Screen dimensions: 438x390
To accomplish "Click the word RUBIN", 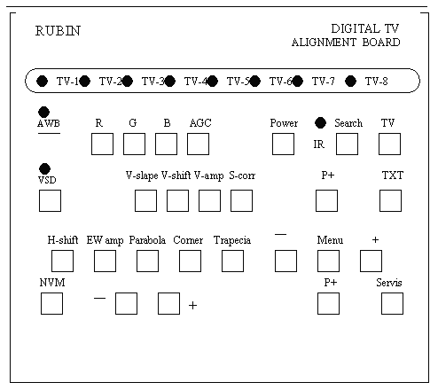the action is [x=58, y=31].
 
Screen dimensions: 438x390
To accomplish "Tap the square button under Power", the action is [x=283, y=144].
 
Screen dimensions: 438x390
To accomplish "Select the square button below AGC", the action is [x=198, y=144].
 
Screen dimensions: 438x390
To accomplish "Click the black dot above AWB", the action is [x=44, y=112].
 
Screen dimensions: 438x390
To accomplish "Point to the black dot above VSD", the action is [x=44, y=168].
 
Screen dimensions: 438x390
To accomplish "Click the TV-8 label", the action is [x=376, y=81].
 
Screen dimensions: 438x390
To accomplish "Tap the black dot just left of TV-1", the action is [x=42, y=82].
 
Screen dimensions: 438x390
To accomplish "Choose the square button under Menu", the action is [x=328, y=261].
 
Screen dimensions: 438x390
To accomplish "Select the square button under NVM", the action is [x=51, y=303].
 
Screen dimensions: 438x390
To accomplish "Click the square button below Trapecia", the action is [x=232, y=261].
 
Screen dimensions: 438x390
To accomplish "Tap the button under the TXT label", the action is [x=390, y=200].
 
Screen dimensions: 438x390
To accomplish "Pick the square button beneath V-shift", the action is [x=177, y=200].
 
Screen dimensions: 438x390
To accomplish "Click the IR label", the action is [x=319, y=144].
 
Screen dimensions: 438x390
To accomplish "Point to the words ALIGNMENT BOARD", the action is [x=346, y=43].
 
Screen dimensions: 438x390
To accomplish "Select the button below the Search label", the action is [x=347, y=144].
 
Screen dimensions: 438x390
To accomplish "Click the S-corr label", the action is [x=242, y=175].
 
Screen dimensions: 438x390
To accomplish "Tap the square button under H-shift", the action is [x=62, y=261].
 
